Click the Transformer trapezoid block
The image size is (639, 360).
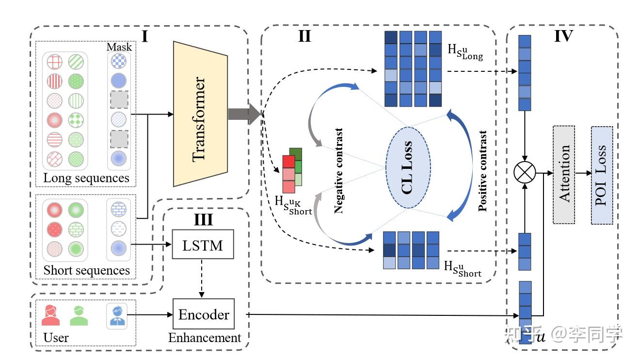[x=200, y=114]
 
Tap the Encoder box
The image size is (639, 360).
[x=204, y=314]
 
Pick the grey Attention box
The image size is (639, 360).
[x=564, y=174]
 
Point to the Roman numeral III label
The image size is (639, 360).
[x=203, y=219]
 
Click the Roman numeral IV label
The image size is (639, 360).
[x=563, y=36]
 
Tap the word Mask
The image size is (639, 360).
[x=119, y=48]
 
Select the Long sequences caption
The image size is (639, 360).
[x=86, y=178]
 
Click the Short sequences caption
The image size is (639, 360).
[x=86, y=270]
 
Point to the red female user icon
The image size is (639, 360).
[x=50, y=315]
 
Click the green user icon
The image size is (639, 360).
[x=79, y=315]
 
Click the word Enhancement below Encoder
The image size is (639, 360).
[x=205, y=338]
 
